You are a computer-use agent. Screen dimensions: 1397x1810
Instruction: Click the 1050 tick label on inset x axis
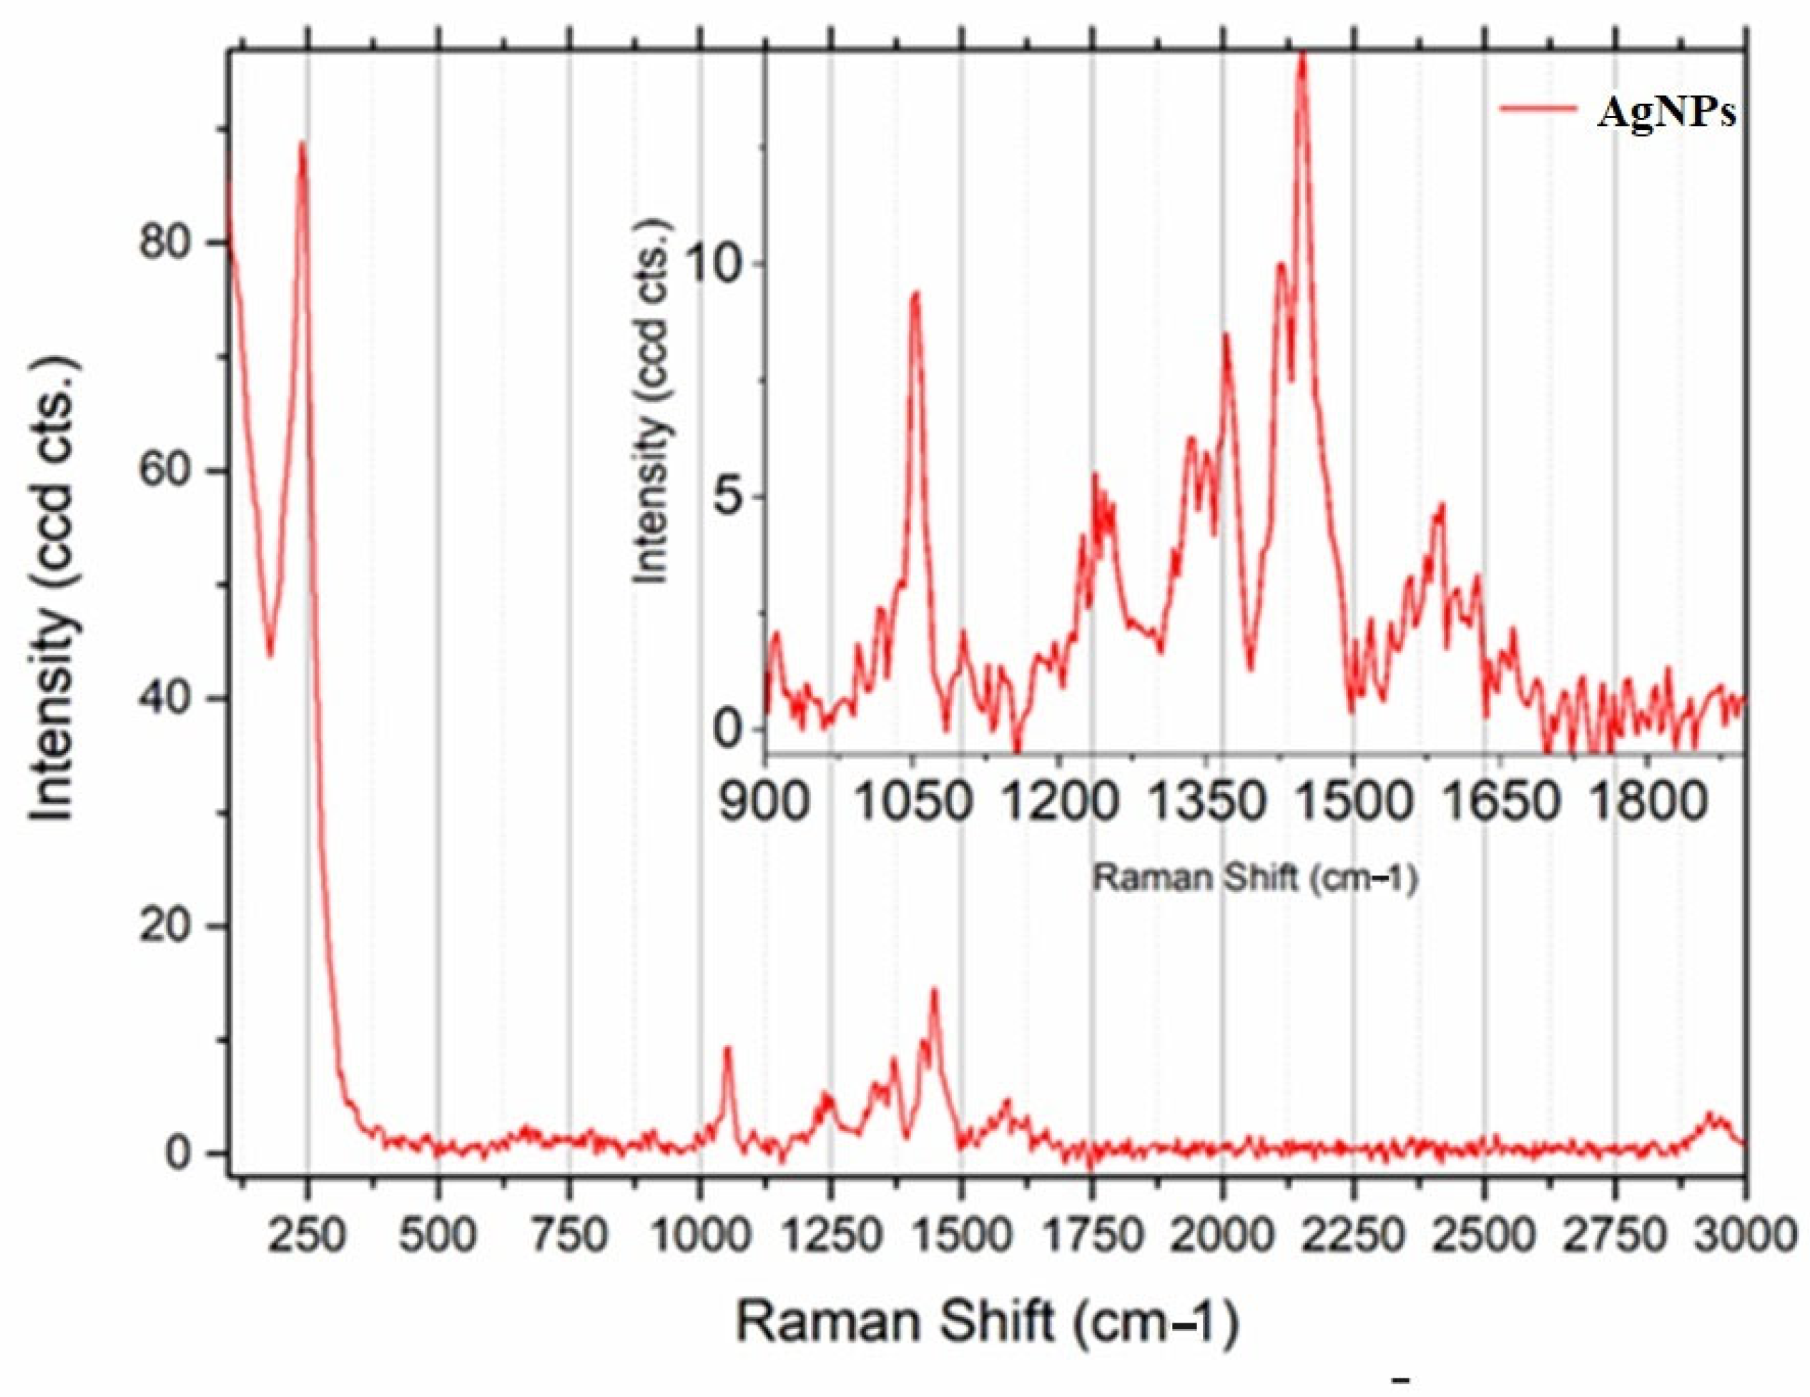pos(913,803)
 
